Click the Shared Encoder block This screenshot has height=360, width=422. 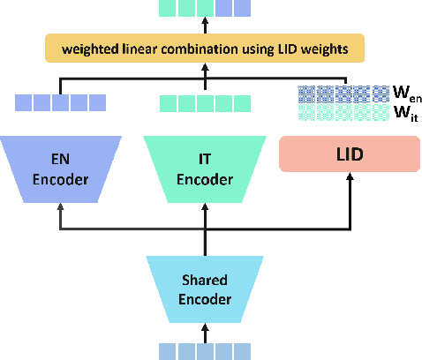[x=205, y=289]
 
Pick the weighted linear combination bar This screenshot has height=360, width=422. [x=205, y=48]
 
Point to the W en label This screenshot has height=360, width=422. [x=404, y=90]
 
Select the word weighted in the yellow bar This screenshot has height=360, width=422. [x=86, y=48]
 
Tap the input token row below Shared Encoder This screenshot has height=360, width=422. [x=205, y=350]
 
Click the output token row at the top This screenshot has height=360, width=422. [x=205, y=9]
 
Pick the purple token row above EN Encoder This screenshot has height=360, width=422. [x=60, y=102]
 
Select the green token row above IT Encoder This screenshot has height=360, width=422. [x=205, y=102]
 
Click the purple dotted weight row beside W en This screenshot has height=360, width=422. [x=343, y=91]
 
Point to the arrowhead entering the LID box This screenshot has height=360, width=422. [x=350, y=177]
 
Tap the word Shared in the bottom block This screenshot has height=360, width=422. [x=205, y=281]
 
